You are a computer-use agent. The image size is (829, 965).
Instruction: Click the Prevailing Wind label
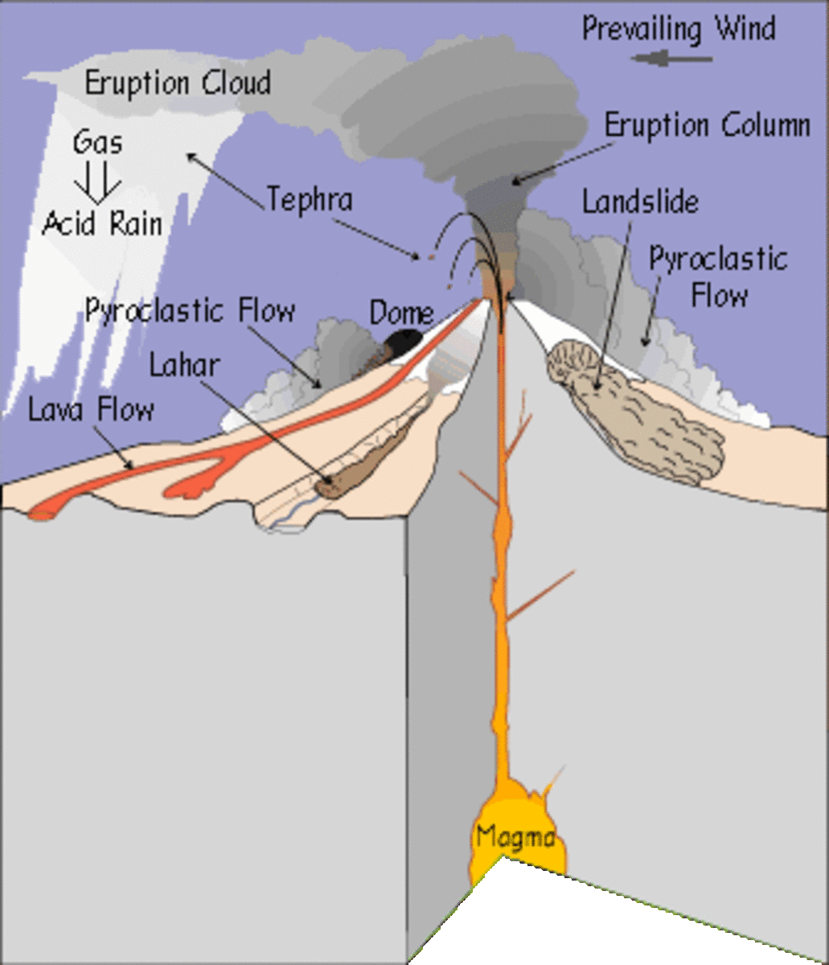(679, 29)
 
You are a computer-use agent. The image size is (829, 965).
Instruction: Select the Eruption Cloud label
(178, 84)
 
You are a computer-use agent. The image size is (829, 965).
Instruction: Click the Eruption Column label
(707, 126)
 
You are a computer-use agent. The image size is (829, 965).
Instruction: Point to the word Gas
(98, 143)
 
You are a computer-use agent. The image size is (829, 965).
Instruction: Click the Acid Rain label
(102, 223)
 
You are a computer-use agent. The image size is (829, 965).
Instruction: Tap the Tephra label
(310, 199)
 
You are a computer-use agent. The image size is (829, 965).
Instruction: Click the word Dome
(401, 314)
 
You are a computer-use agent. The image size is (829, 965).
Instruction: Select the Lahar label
(184, 365)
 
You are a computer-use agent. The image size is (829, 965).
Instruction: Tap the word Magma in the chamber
(515, 836)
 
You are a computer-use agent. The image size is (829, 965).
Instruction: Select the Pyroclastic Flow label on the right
(718, 277)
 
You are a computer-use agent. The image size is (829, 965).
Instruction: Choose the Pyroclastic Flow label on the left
(191, 310)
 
